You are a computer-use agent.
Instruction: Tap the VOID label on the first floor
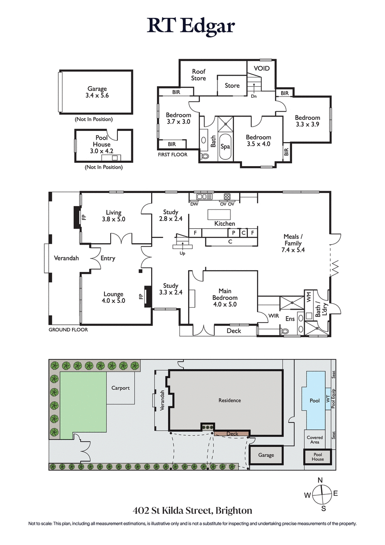262,68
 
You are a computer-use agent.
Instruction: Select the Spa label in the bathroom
225,146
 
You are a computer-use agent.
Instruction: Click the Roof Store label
198,75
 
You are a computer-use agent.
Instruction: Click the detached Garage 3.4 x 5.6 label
97,92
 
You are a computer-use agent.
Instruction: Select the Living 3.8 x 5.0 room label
114,216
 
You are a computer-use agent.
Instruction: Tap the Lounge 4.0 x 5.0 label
114,297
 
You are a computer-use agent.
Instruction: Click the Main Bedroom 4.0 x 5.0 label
225,294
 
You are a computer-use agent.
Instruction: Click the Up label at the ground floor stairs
181,253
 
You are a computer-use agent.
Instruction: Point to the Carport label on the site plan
120,388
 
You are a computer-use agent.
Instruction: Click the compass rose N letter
321,480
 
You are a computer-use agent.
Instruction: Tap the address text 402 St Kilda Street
192,510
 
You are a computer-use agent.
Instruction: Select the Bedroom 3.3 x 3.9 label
307,121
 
